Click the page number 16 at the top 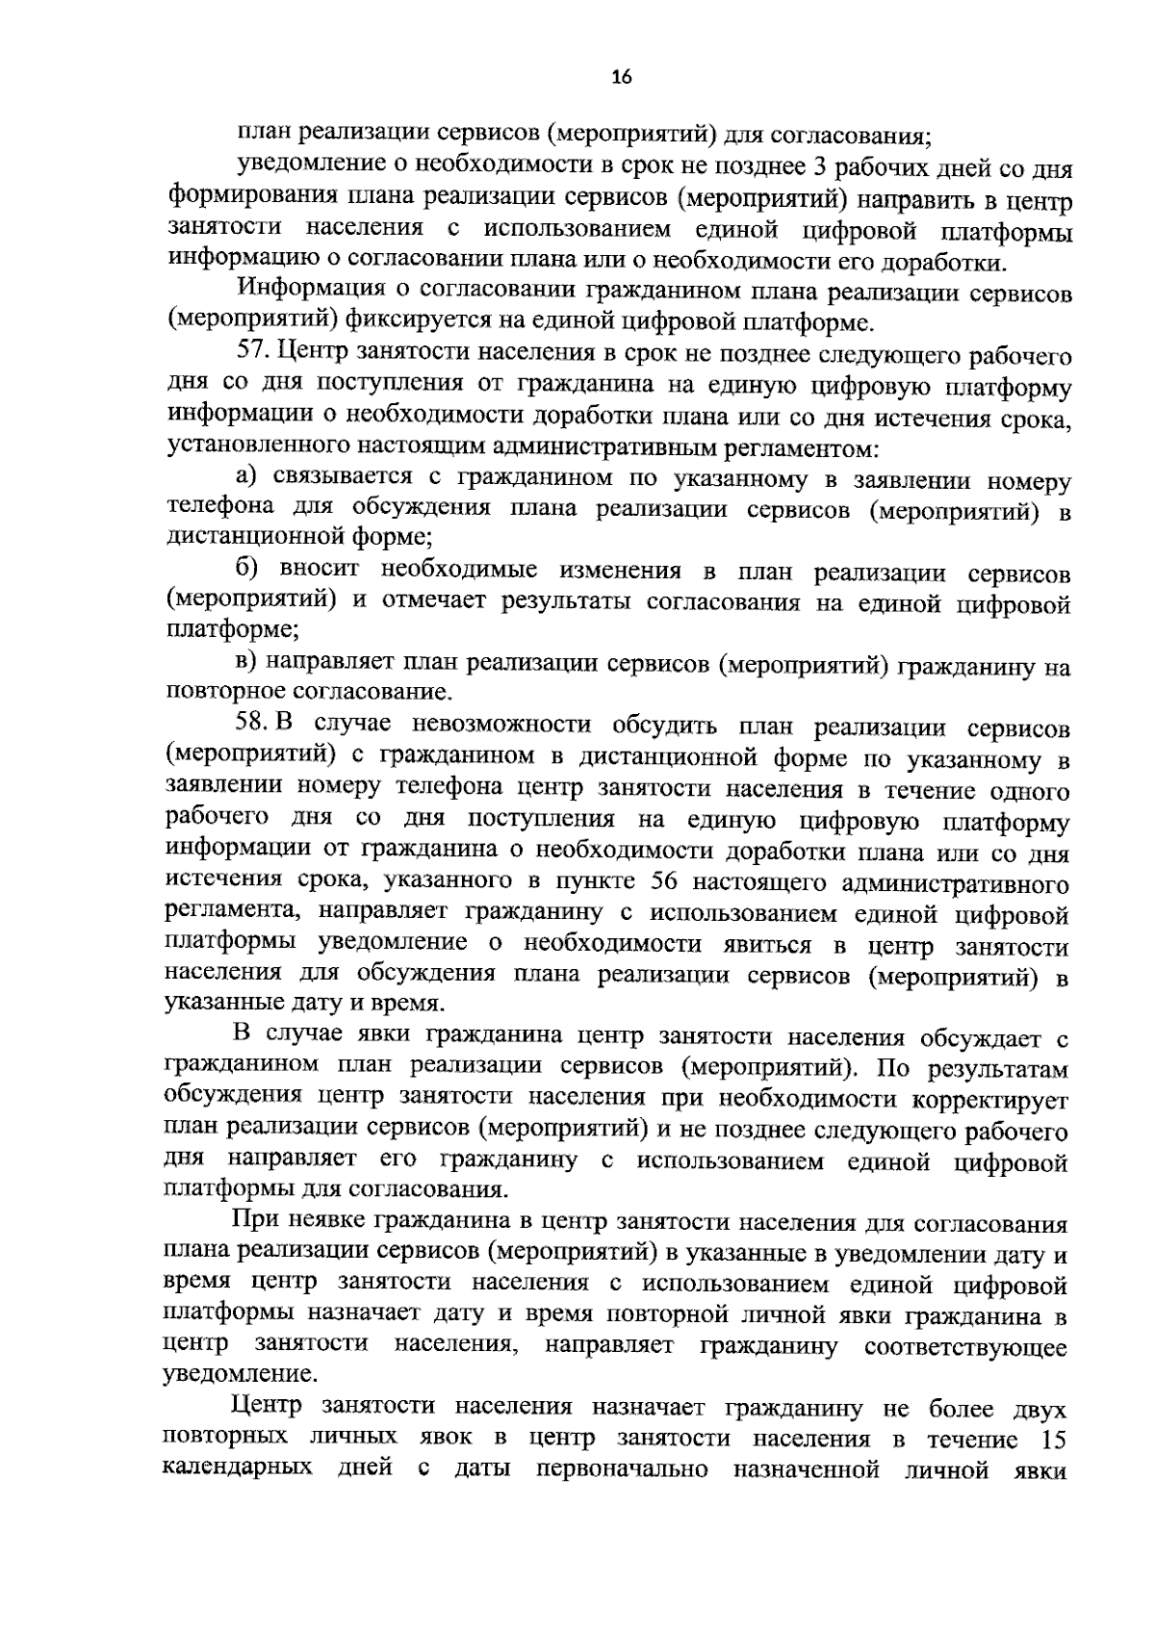click(621, 78)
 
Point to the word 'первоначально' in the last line click(623, 1470)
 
